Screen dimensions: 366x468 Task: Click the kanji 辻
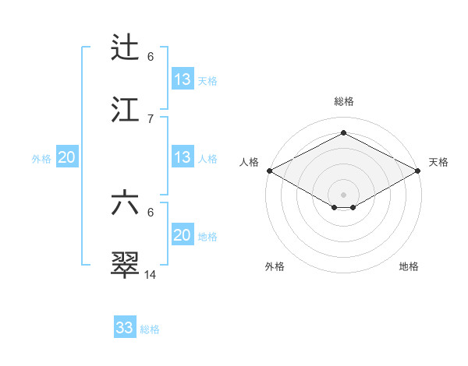[126, 48]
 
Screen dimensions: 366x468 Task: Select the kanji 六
[126, 203]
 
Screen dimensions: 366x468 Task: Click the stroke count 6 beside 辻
[151, 57]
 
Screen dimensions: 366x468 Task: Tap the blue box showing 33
[125, 328]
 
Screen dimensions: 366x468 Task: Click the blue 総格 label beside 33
[150, 329]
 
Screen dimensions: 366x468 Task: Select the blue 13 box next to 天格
[182, 79]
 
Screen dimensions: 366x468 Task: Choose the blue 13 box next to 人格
[182, 157]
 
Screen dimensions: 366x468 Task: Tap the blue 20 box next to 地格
[182, 234]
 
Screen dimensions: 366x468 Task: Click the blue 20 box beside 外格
[67, 157]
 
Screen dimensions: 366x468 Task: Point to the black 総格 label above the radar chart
[343, 101]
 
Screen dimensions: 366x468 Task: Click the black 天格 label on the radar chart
[439, 162]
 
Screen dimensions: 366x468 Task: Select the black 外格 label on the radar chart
[275, 266]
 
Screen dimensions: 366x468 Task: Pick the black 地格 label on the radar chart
[409, 266]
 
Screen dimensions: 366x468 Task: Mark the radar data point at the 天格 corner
[418, 171]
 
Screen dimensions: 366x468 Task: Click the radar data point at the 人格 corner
[269, 171]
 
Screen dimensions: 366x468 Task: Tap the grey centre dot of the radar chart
[343, 193]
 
